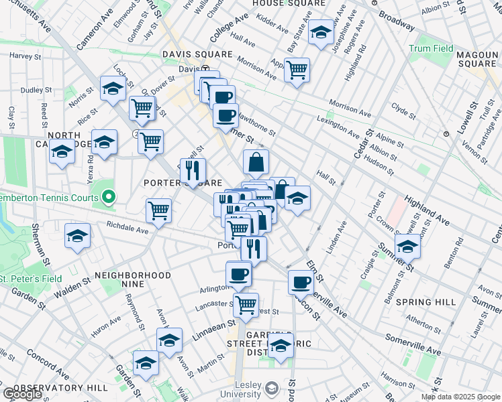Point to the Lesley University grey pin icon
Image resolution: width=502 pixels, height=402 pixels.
tap(271, 389)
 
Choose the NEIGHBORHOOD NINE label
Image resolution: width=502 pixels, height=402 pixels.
tap(133, 275)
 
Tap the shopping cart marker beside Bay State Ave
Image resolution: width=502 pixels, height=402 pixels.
tap(296, 70)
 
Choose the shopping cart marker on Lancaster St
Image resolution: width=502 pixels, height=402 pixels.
tap(246, 305)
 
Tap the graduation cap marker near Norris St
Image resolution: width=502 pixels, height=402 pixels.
tap(113, 88)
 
